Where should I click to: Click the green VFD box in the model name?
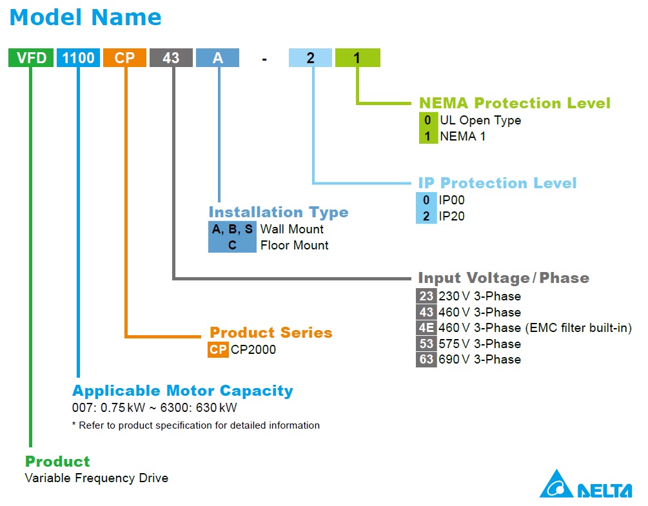pyautogui.click(x=30, y=58)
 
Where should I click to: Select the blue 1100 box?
pyautogui.click(x=78, y=58)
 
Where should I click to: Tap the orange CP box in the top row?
pyautogui.click(x=124, y=58)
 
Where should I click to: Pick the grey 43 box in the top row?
pyautogui.click(x=171, y=58)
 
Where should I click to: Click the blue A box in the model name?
pyautogui.click(x=218, y=58)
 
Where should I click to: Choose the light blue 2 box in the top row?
pyautogui.click(x=310, y=58)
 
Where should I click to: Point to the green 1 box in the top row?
pyautogui.click(x=357, y=58)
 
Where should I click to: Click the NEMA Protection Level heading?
pyautogui.click(x=514, y=103)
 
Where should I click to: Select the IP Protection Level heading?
pyautogui.click(x=497, y=183)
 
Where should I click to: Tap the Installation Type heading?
pyautogui.click(x=278, y=212)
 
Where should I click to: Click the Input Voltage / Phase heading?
pyautogui.click(x=504, y=278)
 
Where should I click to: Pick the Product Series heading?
pyautogui.click(x=271, y=333)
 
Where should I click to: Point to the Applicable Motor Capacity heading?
pyautogui.click(x=182, y=391)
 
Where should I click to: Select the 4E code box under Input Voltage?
pyautogui.click(x=426, y=328)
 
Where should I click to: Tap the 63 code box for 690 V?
pyautogui.click(x=426, y=360)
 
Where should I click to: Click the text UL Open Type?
pyautogui.click(x=480, y=121)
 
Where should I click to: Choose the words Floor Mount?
pyautogui.click(x=294, y=246)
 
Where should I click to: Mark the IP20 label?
pyautogui.click(x=451, y=217)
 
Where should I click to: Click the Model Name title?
pyautogui.click(x=86, y=17)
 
